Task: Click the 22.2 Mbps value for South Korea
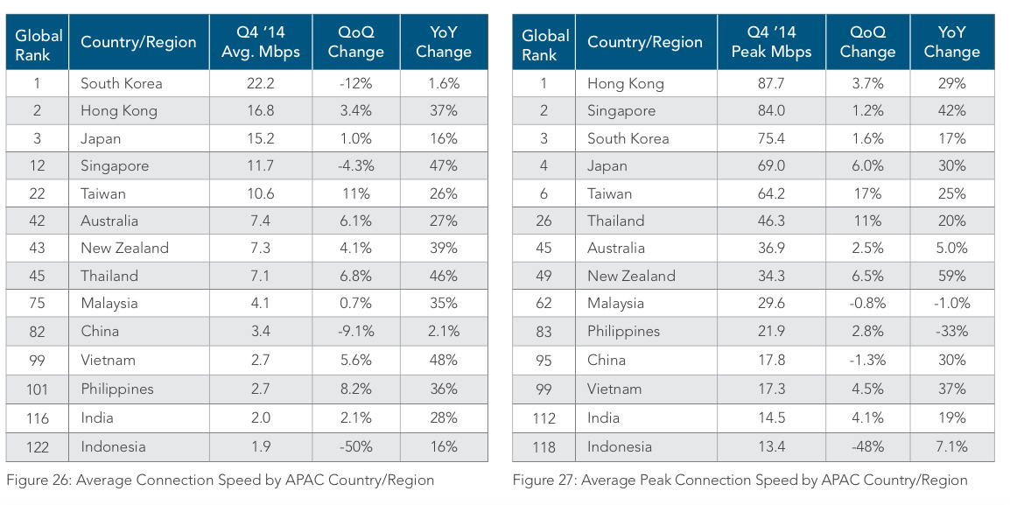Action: pos(260,83)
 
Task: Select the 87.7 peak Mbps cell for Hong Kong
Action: pos(770,83)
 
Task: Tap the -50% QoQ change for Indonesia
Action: pos(355,446)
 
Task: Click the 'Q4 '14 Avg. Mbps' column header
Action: pos(260,42)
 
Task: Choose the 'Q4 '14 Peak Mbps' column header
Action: pos(770,42)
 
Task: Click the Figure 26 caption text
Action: pos(221,480)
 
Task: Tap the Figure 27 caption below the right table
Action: pos(740,480)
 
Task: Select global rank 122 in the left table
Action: pos(37,446)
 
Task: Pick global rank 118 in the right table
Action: pos(544,446)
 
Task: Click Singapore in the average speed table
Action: pos(115,165)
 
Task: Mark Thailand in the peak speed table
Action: pos(615,221)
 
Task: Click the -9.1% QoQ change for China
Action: pos(355,331)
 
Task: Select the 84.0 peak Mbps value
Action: pos(770,111)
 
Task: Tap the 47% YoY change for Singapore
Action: pos(444,165)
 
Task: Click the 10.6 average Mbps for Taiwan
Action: pos(260,193)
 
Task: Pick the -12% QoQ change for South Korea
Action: pos(355,83)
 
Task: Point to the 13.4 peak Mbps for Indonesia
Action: pos(770,446)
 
